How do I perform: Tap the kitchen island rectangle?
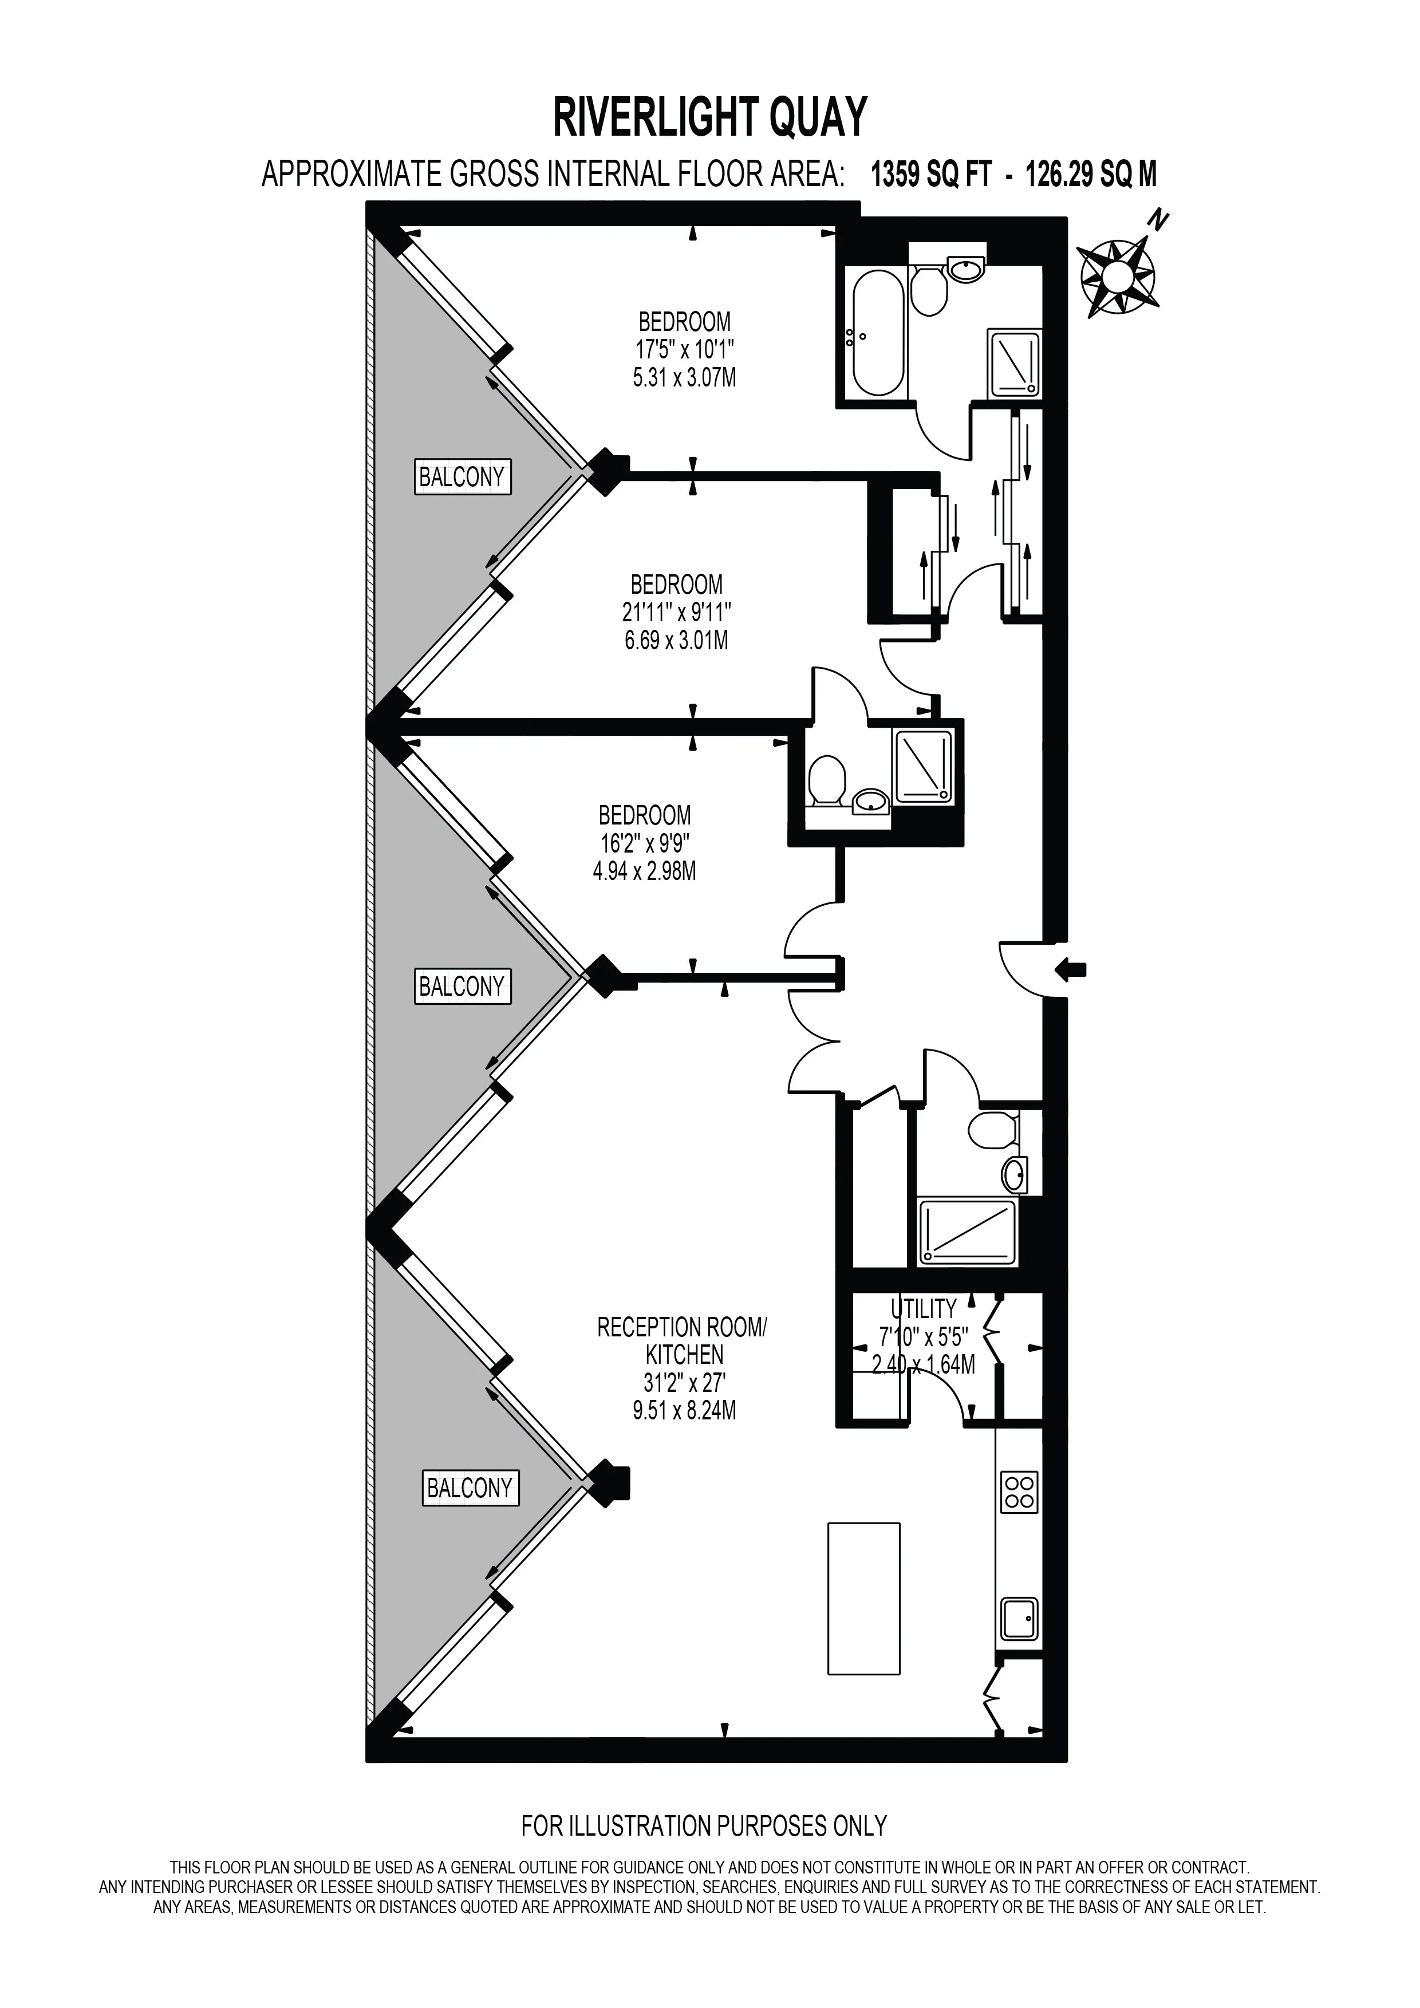coord(864,1599)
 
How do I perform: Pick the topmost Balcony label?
coord(462,478)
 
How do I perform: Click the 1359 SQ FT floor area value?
coord(931,175)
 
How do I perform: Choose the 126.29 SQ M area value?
coord(1090,175)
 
